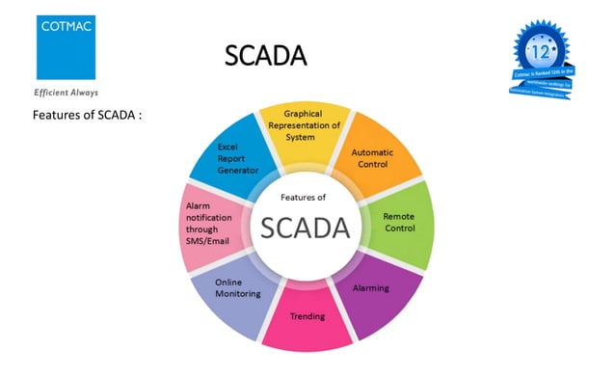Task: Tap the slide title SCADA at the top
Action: (265, 56)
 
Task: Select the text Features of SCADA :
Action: (88, 116)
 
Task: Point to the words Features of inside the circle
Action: (303, 197)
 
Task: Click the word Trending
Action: (307, 315)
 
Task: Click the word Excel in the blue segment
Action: (227, 148)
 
